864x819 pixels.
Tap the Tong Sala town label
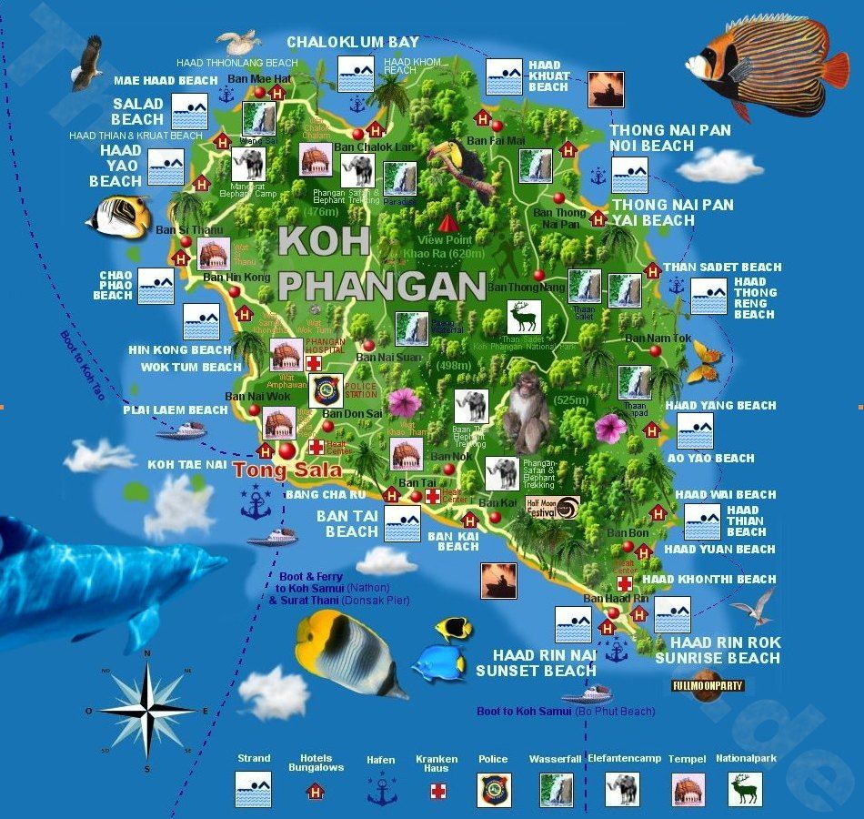point(287,470)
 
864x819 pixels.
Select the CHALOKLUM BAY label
point(353,42)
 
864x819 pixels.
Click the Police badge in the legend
point(495,790)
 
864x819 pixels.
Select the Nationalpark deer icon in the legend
point(746,790)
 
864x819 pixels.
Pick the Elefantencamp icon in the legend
point(623,790)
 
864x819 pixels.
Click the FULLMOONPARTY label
point(708,685)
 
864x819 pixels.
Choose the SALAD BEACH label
point(138,111)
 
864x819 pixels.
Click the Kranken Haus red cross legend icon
point(438,791)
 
